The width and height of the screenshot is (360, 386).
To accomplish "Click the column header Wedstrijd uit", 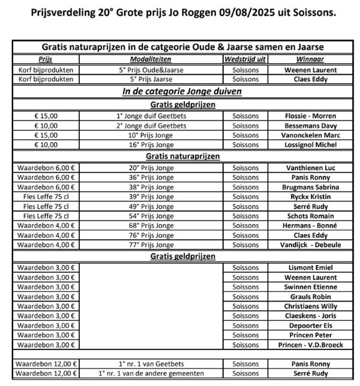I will point(245,60).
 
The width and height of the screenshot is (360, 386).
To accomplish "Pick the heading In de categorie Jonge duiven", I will point(182,92).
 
